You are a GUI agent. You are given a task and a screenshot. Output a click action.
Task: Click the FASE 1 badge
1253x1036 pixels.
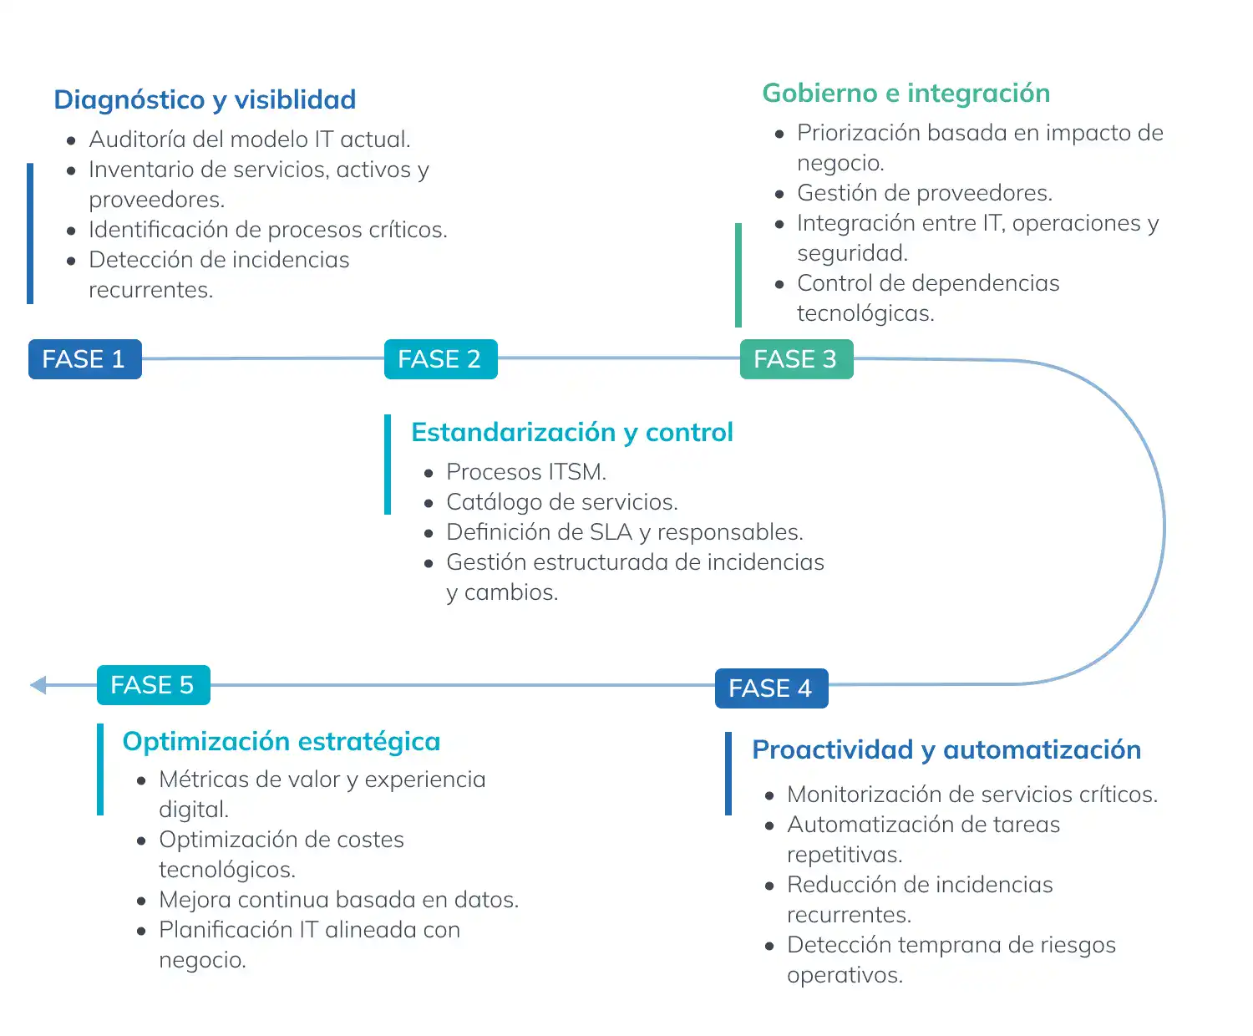84,359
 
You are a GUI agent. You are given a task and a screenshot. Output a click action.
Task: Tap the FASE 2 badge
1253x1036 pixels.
440,359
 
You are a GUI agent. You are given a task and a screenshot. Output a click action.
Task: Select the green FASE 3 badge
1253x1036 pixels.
796,359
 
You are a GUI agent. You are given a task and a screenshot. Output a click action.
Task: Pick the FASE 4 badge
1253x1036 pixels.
771,688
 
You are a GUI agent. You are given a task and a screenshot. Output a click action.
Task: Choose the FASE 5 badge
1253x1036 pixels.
153,685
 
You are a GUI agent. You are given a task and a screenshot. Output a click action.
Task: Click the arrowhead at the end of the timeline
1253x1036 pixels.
38,685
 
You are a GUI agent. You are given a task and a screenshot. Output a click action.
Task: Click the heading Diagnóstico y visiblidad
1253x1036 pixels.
205,100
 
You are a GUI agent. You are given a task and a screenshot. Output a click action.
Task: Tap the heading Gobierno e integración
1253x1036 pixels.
906,94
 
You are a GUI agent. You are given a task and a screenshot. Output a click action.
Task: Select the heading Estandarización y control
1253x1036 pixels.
572,433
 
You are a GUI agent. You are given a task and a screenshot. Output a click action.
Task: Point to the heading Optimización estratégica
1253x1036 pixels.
282,742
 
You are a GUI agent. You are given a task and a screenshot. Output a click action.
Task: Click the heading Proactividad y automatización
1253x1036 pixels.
946,750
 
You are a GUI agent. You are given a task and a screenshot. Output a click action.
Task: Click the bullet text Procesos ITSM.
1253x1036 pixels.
526,472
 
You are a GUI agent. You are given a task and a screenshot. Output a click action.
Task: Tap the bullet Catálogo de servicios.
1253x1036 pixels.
562,502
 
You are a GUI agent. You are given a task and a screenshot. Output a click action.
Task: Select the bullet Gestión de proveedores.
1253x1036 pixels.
925,193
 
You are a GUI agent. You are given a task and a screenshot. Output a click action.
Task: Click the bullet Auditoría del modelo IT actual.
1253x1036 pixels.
250,140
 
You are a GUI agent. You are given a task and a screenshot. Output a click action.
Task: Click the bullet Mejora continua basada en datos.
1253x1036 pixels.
339,900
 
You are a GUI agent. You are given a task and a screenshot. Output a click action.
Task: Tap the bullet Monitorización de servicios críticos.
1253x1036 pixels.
973,795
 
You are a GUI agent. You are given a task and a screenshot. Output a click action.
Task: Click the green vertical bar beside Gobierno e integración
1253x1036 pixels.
738,275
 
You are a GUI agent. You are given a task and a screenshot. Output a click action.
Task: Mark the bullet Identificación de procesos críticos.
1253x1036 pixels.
268,230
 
